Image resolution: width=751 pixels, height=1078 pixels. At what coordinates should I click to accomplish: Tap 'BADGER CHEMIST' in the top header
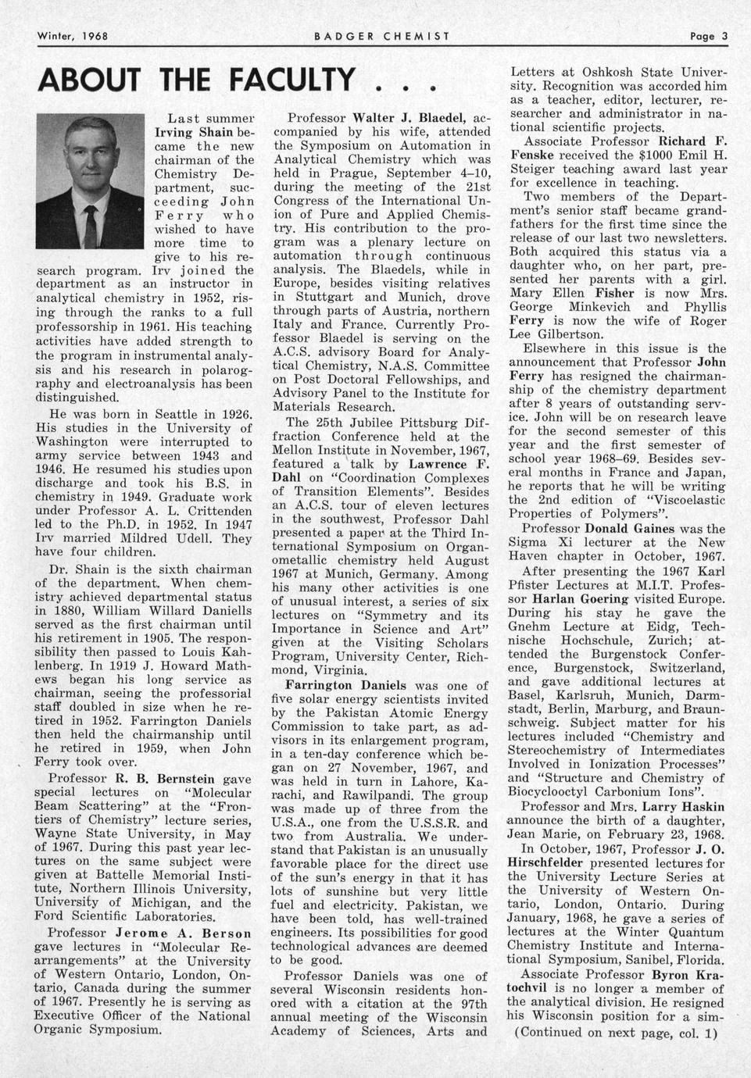(381, 36)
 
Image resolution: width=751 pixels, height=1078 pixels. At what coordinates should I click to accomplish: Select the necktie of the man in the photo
(91, 221)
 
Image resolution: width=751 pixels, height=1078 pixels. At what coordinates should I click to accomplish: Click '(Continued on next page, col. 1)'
(615, 1033)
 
